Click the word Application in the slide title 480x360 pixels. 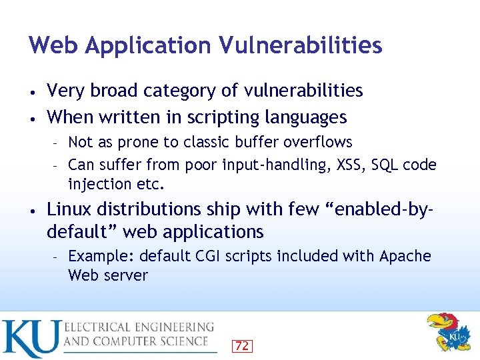pyautogui.click(x=147, y=46)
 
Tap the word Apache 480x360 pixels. pyautogui.click(x=405, y=257)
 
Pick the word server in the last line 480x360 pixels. pyautogui.click(x=126, y=275)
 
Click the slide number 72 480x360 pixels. pyautogui.click(x=242, y=345)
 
